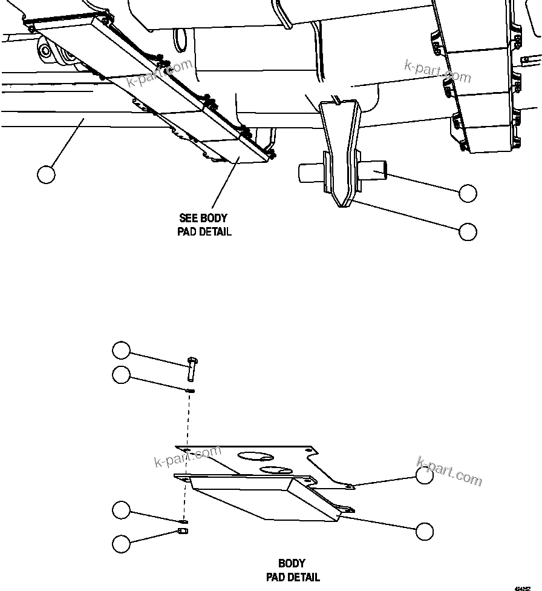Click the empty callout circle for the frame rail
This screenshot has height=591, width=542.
[46, 174]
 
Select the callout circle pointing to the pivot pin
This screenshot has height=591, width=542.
[468, 193]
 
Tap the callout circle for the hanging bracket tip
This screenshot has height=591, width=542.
[468, 231]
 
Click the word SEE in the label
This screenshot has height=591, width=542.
[189, 218]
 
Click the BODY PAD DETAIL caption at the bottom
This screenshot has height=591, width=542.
[293, 570]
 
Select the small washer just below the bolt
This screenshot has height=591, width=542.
[190, 391]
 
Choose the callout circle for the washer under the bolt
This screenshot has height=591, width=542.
[121, 375]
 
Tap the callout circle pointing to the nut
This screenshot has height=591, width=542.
[121, 543]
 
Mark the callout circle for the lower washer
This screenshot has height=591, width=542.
[121, 510]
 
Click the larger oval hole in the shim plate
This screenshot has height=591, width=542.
[254, 455]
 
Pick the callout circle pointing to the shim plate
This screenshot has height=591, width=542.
[425, 476]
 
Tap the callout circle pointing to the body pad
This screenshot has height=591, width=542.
[425, 531]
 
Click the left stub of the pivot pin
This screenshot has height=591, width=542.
[309, 173]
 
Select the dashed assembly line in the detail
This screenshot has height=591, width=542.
[184, 454]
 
